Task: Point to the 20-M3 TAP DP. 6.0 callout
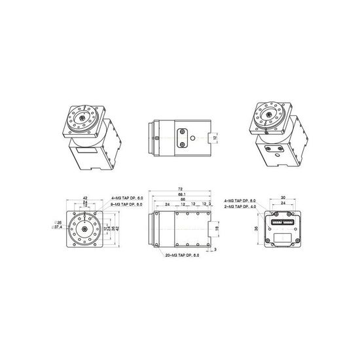pos(183,255)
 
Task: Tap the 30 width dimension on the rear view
pos(283,197)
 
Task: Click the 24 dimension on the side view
pos(168,205)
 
